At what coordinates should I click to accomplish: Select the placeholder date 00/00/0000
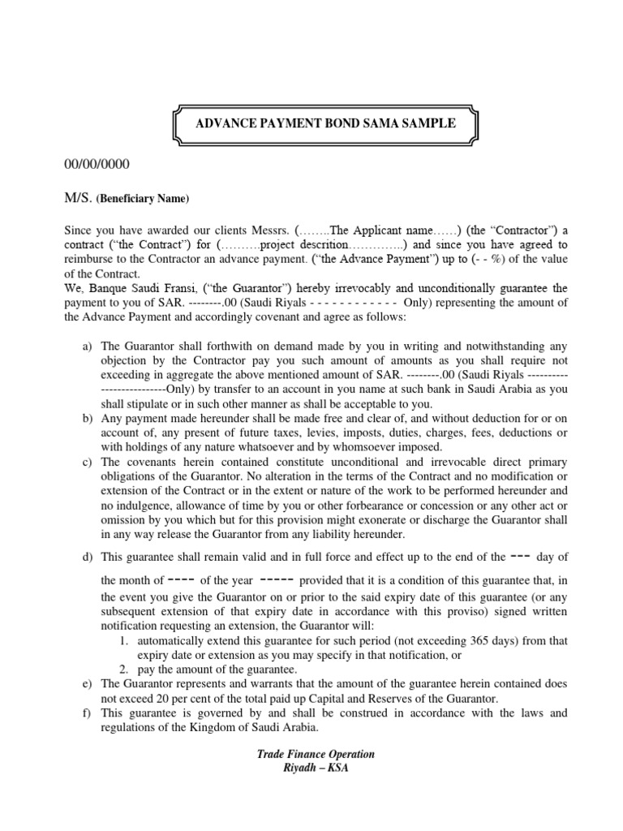click(x=97, y=165)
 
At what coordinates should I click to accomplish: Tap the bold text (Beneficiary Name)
click(x=143, y=199)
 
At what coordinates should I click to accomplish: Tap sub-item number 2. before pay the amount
click(x=125, y=669)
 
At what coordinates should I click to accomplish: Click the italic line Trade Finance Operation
click(x=316, y=755)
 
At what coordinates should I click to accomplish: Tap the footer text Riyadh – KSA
click(x=316, y=769)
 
